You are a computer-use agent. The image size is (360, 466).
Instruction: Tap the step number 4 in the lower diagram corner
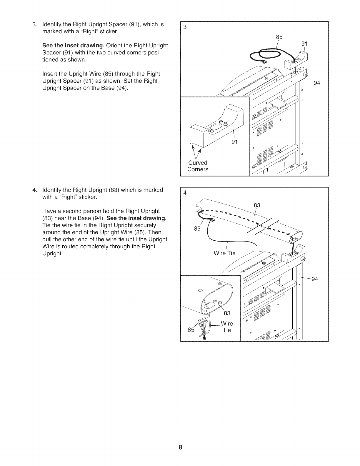click(185, 193)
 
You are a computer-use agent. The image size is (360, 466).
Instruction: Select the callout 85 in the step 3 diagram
click(279, 37)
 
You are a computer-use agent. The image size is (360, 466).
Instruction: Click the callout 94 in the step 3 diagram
click(317, 83)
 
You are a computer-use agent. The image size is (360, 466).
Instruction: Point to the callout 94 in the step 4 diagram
click(315, 279)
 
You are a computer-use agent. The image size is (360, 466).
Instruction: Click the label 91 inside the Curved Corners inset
click(234, 142)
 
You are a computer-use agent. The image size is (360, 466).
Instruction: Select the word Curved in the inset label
click(198, 163)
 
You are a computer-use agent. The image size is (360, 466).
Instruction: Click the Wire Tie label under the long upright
click(224, 253)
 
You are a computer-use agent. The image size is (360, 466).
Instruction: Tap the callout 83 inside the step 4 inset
click(227, 313)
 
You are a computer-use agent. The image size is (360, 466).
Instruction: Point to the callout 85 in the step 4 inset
click(191, 330)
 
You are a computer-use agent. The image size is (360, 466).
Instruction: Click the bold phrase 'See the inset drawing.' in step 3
click(74, 46)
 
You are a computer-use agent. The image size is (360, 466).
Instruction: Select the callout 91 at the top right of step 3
click(305, 44)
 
